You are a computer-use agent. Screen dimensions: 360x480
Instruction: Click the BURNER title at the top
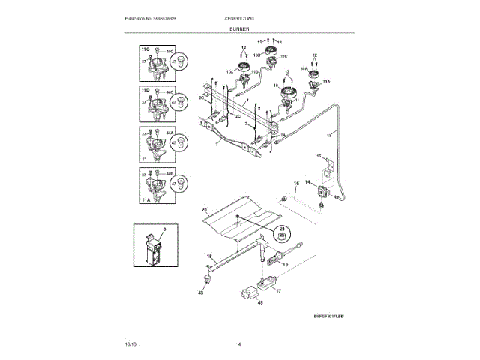pyautogui.click(x=239, y=27)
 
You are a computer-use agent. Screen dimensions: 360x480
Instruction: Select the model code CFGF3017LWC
pyautogui.click(x=239, y=17)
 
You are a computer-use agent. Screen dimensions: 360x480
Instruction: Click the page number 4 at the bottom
pyautogui.click(x=239, y=343)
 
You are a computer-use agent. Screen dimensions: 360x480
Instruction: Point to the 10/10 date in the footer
pyautogui.click(x=131, y=343)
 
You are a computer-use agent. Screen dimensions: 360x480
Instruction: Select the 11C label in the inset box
pyautogui.click(x=145, y=49)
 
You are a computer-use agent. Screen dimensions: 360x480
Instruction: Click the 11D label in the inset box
pyautogui.click(x=145, y=89)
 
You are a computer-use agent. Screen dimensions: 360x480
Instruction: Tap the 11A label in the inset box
pyautogui.click(x=145, y=202)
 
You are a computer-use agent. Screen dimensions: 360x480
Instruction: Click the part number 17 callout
pyautogui.click(x=279, y=291)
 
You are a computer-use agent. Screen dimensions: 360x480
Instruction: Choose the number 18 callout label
pyautogui.click(x=209, y=256)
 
